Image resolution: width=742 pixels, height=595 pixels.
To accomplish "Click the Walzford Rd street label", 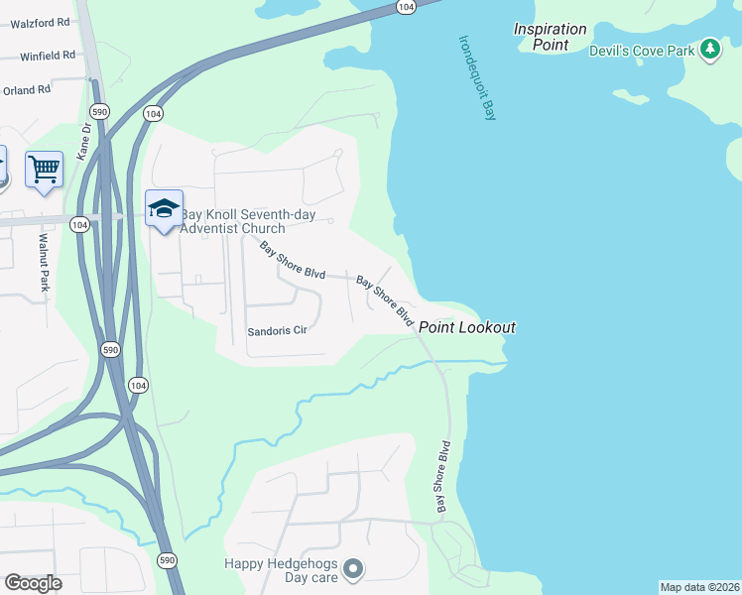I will pyautogui.click(x=40, y=21).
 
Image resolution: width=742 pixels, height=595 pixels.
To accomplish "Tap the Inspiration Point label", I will pyautogui.click(x=550, y=37).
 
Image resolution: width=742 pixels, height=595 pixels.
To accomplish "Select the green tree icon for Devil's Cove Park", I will pyautogui.click(x=709, y=49).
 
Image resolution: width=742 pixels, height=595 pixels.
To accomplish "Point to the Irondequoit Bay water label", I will pyautogui.click(x=476, y=78).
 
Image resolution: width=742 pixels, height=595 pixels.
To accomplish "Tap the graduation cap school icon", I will pyautogui.click(x=164, y=208).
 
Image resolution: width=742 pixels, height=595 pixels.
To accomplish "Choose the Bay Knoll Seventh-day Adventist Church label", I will pyautogui.click(x=232, y=222).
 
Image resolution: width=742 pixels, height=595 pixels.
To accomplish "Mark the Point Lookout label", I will pyautogui.click(x=466, y=327).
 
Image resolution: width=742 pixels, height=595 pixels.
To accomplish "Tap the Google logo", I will pyautogui.click(x=33, y=583).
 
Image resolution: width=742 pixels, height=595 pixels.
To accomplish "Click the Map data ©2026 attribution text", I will pyautogui.click(x=698, y=587).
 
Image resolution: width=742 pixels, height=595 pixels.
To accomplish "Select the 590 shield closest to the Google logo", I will pyautogui.click(x=168, y=560).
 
